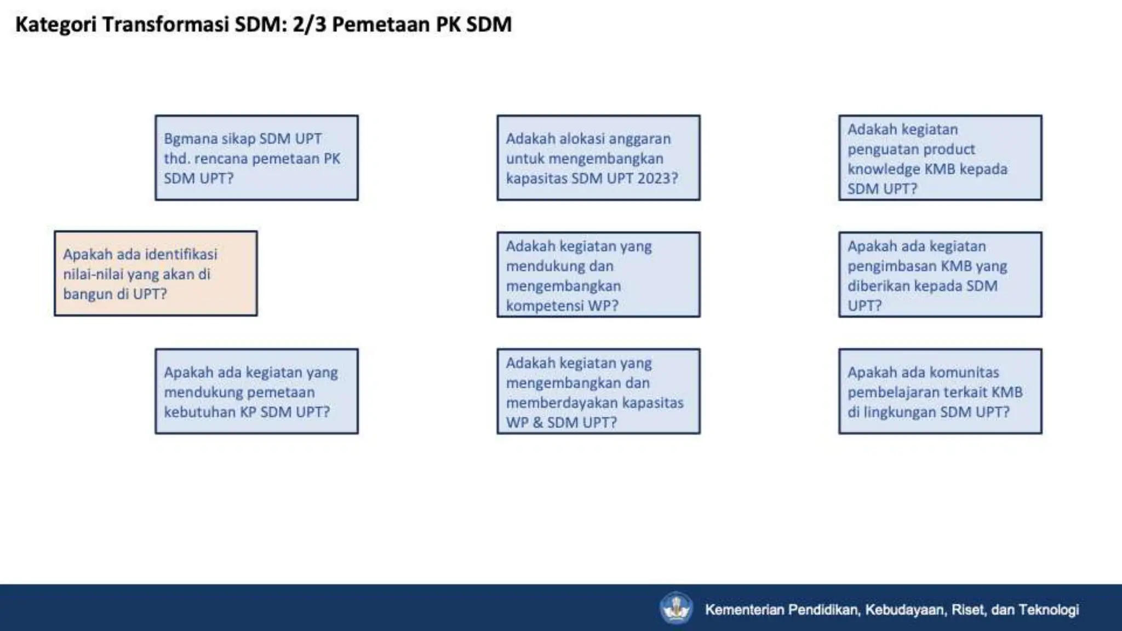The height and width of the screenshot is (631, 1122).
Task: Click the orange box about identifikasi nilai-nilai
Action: pos(156,273)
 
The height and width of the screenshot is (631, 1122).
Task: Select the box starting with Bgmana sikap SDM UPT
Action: pos(256,158)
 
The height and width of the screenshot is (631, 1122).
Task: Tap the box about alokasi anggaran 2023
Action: pos(598,158)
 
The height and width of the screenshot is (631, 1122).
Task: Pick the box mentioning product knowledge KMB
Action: pos(940,158)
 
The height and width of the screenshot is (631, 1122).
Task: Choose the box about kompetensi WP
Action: pos(598,274)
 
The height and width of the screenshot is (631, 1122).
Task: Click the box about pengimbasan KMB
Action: pos(940,274)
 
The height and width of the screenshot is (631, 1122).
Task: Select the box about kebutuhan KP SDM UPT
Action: pos(256,391)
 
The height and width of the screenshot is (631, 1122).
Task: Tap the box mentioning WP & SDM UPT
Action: pos(598,391)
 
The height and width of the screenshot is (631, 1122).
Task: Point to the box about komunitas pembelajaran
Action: pos(940,391)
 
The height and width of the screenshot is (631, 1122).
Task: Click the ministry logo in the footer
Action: pos(676,608)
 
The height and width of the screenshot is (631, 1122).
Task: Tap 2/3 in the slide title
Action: pos(309,25)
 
